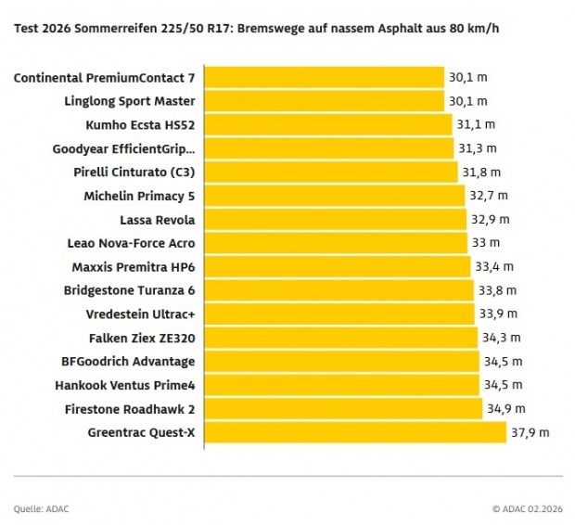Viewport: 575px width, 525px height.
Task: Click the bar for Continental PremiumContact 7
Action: (x=323, y=77)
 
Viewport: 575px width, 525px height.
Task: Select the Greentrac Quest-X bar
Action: (x=354, y=432)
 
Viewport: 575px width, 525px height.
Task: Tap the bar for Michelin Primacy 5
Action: (x=333, y=196)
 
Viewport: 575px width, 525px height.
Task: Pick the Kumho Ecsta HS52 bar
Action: (x=327, y=124)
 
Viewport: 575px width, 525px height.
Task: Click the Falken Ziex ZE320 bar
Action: (x=339, y=338)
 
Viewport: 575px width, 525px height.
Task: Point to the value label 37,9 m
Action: (x=530, y=432)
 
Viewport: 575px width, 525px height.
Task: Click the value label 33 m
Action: (x=486, y=243)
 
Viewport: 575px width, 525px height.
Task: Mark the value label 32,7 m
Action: (x=487, y=196)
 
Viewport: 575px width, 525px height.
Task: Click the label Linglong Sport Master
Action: (x=130, y=101)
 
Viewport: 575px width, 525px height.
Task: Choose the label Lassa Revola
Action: (x=158, y=220)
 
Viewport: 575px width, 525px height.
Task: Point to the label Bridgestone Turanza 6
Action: (x=129, y=290)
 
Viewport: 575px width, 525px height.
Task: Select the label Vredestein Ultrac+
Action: (x=140, y=314)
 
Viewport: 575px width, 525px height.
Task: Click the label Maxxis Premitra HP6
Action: (x=134, y=267)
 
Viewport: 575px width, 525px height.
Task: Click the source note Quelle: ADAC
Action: (x=41, y=508)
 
